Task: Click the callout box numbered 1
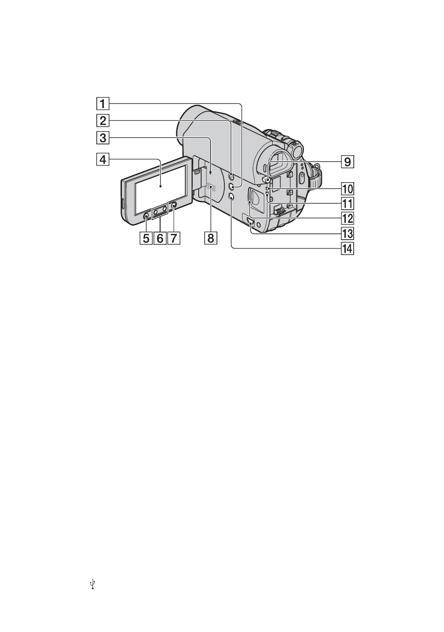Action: click(103, 104)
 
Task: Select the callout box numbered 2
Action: click(103, 121)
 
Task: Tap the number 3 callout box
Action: click(103, 138)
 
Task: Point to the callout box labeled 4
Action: click(103, 159)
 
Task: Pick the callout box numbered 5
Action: click(146, 238)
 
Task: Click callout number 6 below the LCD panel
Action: click(160, 238)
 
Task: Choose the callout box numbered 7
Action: click(174, 238)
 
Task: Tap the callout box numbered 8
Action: click(211, 238)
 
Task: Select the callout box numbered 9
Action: click(347, 161)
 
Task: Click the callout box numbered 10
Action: click(347, 189)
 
